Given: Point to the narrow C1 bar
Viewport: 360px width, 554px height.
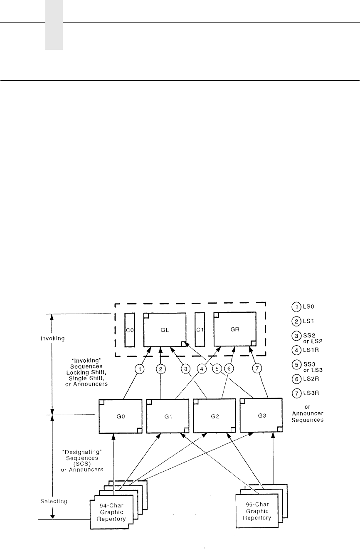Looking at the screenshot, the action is pos(200,330).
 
